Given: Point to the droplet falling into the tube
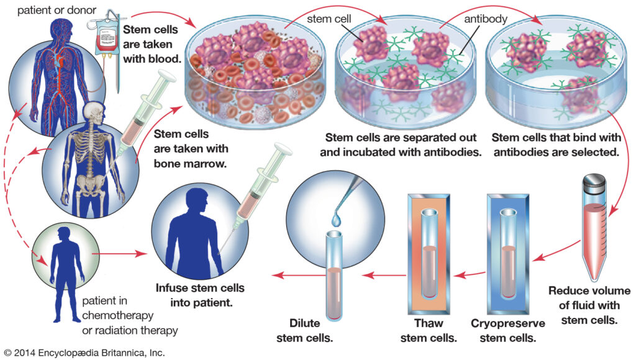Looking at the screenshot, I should coord(336,219).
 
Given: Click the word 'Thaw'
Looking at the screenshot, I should coord(427,323).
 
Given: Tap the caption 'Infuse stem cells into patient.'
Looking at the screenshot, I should coord(199,295).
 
